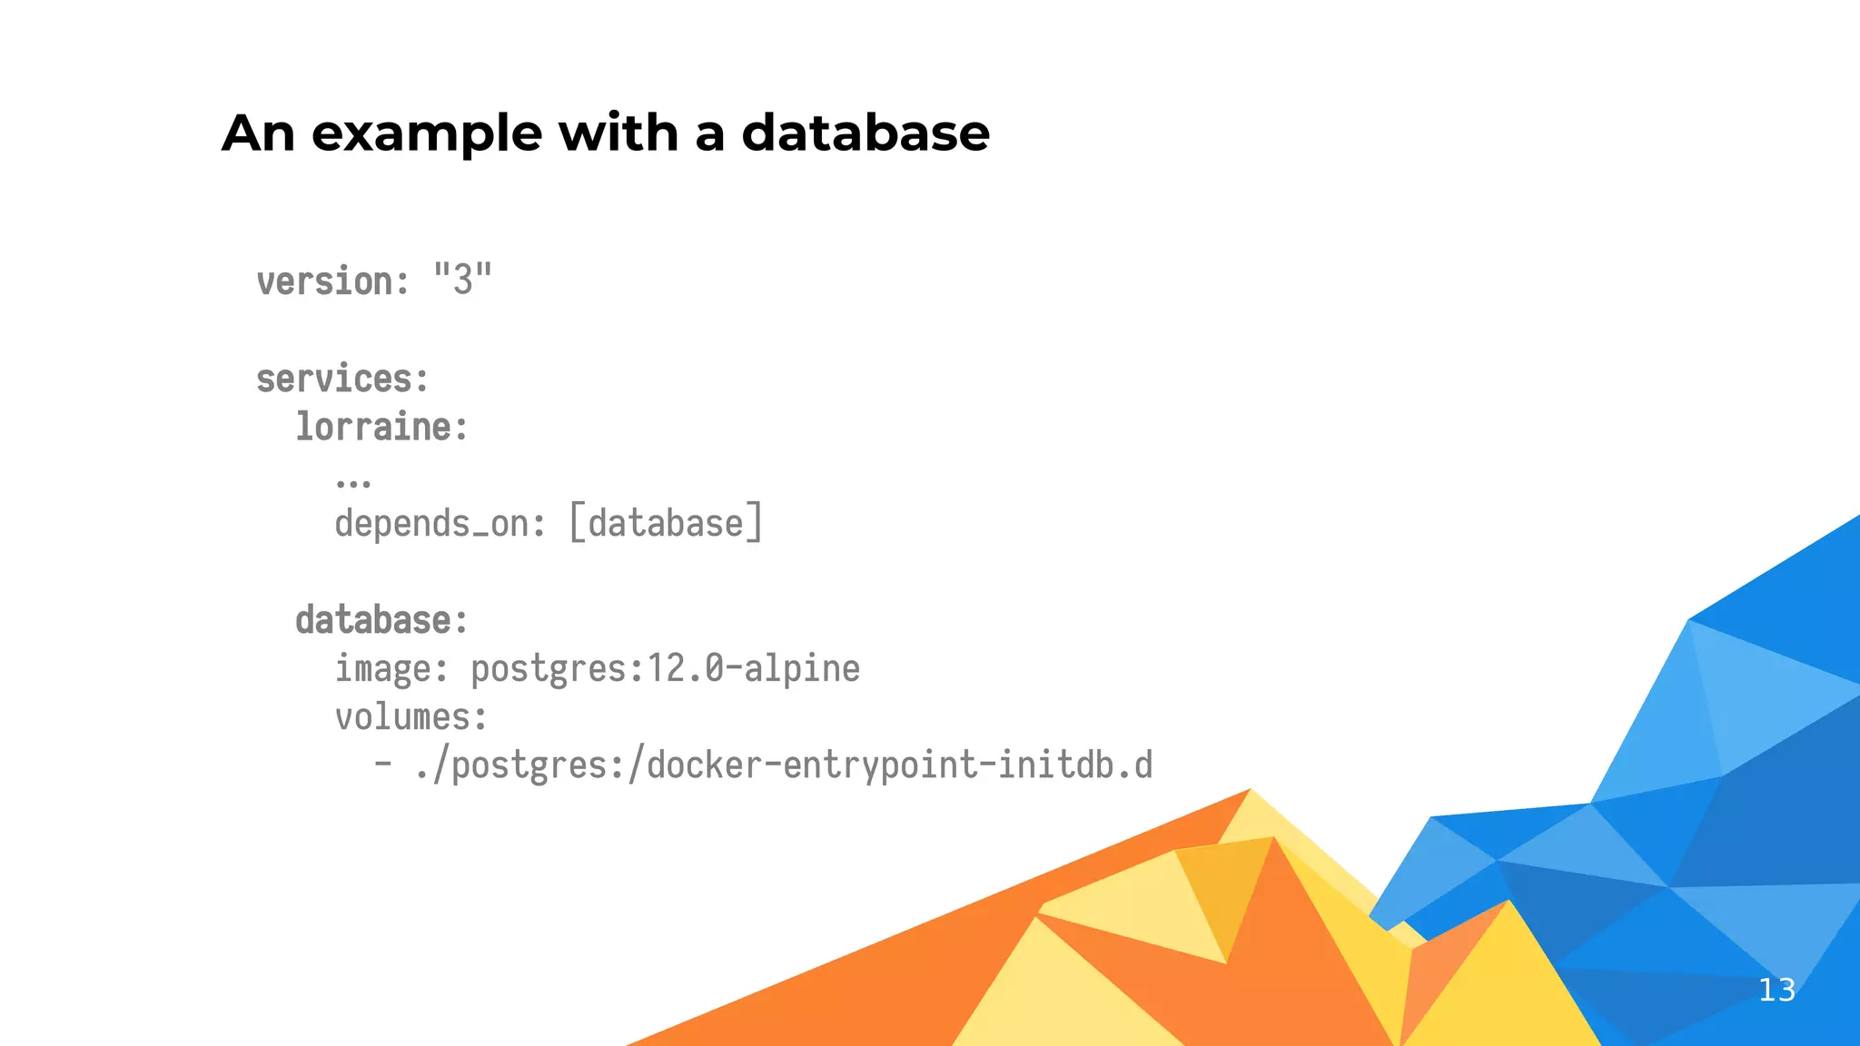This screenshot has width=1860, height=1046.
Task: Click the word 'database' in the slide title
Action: click(x=865, y=133)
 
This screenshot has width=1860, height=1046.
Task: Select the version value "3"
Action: click(x=462, y=280)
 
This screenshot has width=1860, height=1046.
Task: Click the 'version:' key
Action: click(x=332, y=281)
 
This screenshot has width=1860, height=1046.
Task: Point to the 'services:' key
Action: click(x=341, y=379)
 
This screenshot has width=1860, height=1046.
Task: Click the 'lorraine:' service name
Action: click(x=381, y=427)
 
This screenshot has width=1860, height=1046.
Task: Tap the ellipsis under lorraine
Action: click(x=353, y=482)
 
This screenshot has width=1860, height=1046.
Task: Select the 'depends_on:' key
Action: click(x=440, y=524)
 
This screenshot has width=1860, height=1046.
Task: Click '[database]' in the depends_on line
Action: click(x=666, y=524)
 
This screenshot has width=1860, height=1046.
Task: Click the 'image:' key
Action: click(x=391, y=669)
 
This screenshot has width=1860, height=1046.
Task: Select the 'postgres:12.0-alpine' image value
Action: click(x=665, y=669)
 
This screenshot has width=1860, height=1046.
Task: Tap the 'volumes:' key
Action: click(x=411, y=717)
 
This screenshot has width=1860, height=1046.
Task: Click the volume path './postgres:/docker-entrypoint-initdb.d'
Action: click(x=784, y=765)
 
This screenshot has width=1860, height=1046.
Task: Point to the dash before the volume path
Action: click(x=383, y=764)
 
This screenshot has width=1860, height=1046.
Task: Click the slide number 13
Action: click(x=1776, y=990)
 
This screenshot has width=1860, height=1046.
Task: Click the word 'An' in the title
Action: click(x=259, y=133)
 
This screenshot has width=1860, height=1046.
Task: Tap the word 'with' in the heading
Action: click(x=618, y=133)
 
